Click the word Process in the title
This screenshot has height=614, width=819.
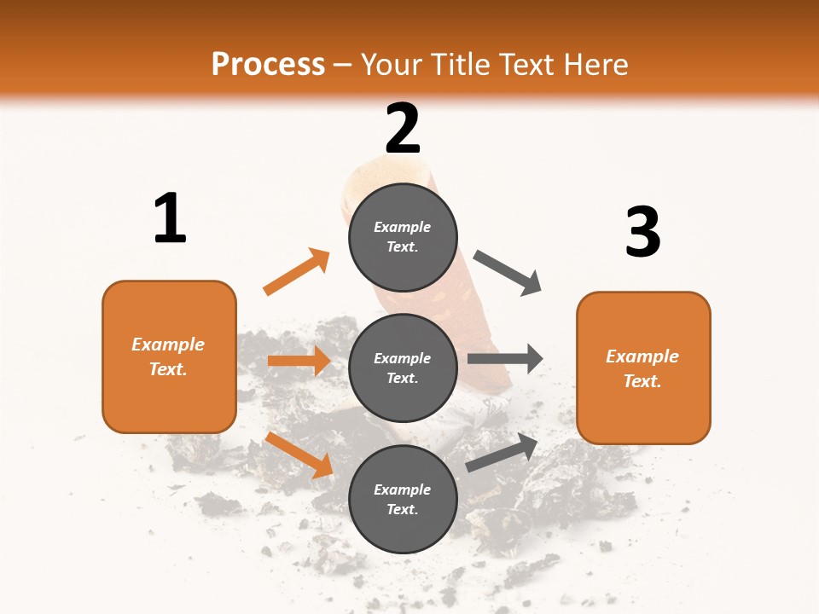[x=268, y=65]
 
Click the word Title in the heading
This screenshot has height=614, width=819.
[x=459, y=65]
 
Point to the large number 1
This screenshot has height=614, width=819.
[x=170, y=219]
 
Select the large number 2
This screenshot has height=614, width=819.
[x=403, y=130]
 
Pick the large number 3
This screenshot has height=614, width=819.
[x=642, y=232]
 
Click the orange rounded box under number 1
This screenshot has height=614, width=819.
[x=169, y=356]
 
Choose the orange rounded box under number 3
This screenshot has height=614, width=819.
[x=643, y=368]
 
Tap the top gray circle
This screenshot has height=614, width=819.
[x=403, y=237]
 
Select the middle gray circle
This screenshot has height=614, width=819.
[x=403, y=368]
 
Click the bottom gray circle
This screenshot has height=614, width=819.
[x=403, y=499]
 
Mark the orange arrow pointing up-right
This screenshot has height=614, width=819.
[x=297, y=272]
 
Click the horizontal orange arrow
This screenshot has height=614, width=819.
[x=299, y=361]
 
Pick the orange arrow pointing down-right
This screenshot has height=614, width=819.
[x=299, y=455]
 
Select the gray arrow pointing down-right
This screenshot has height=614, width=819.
[x=508, y=273]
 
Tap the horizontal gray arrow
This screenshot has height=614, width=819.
[x=505, y=359]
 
